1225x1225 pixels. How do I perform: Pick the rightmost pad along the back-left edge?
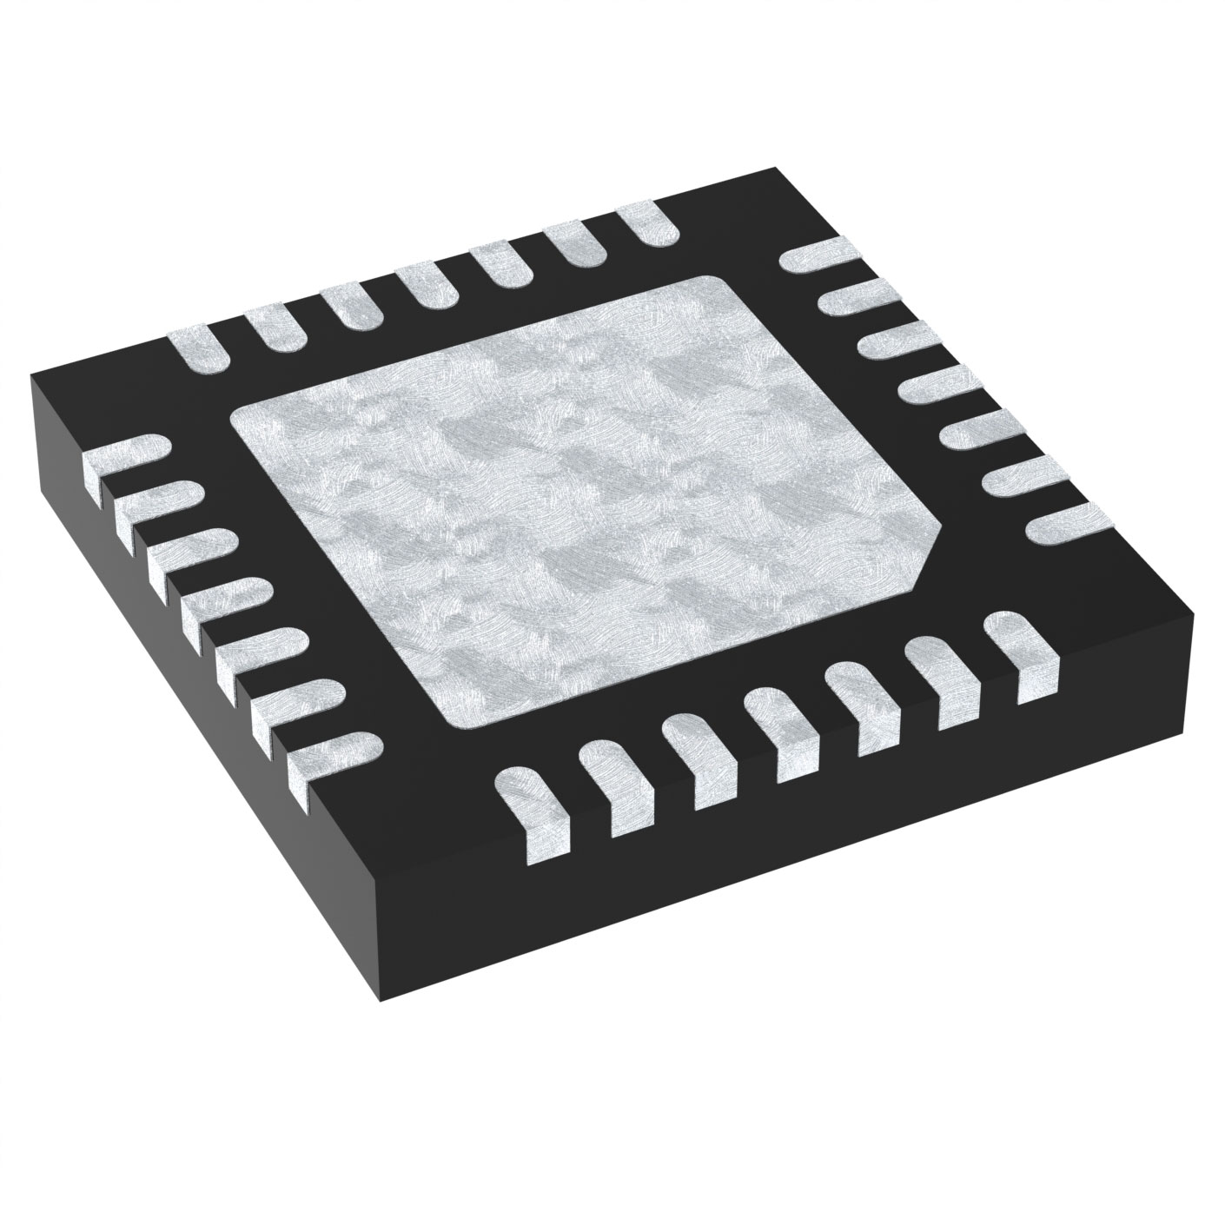click(648, 225)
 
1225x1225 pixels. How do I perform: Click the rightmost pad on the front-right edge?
click(1025, 647)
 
